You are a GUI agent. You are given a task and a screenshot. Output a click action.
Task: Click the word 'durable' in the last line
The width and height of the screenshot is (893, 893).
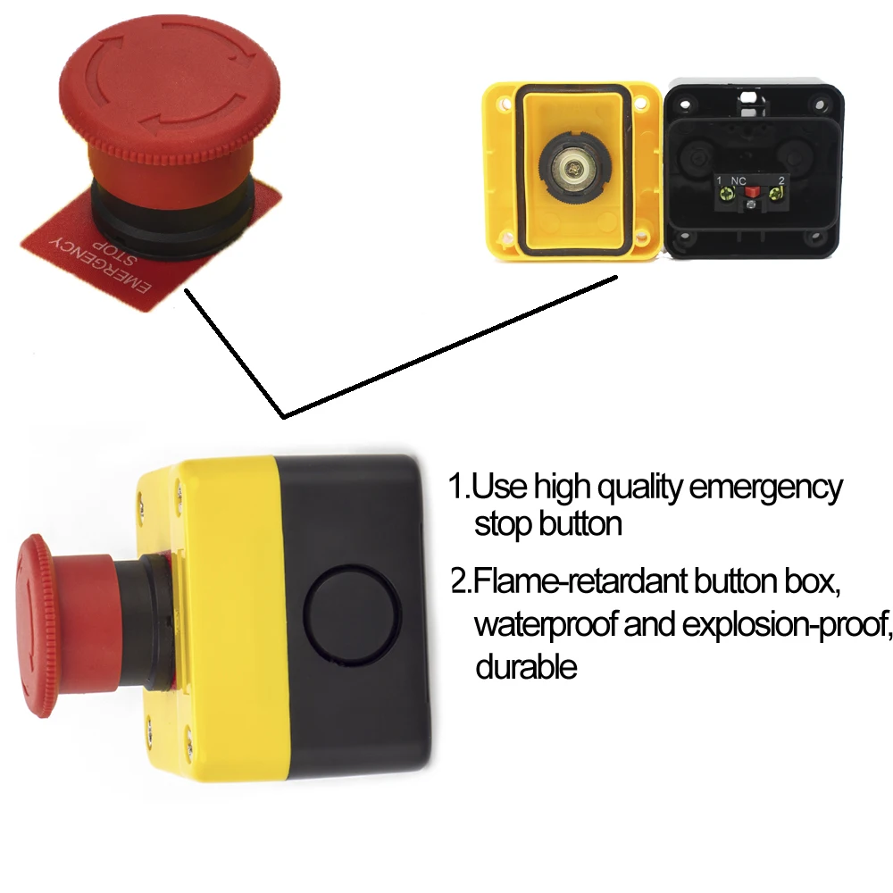(x=526, y=665)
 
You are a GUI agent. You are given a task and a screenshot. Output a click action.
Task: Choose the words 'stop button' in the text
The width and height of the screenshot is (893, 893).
(x=547, y=524)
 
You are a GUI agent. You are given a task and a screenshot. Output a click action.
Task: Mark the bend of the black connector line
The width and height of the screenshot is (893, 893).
(x=283, y=416)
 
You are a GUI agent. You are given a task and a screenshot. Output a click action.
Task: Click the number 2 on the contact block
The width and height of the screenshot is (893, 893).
(x=780, y=180)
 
